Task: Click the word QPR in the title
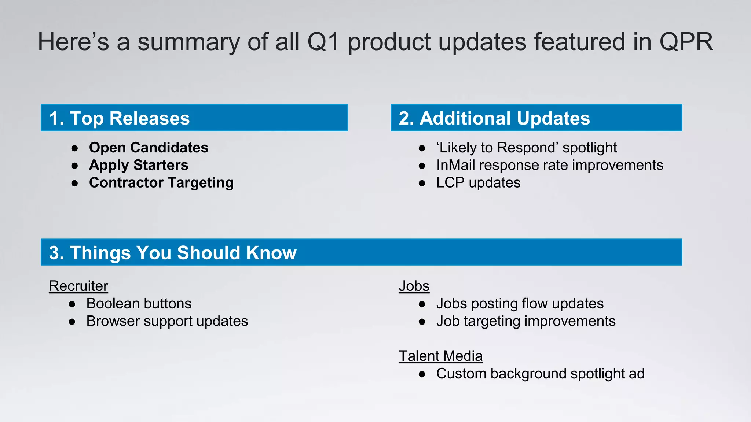pyautogui.click(x=686, y=42)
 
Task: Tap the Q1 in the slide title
pyautogui.click(x=323, y=42)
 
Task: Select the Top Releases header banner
pyautogui.click(x=194, y=118)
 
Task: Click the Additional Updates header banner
pyautogui.click(x=536, y=118)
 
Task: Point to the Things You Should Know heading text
pyautogui.click(x=173, y=252)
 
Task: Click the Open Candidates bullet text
pyautogui.click(x=149, y=147)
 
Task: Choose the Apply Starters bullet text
pyautogui.click(x=139, y=165)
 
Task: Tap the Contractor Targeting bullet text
pyautogui.click(x=161, y=182)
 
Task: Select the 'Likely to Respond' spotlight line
pyautogui.click(x=526, y=147)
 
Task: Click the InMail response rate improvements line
pyautogui.click(x=549, y=165)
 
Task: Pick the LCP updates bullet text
pyautogui.click(x=478, y=182)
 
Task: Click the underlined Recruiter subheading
pyautogui.click(x=78, y=286)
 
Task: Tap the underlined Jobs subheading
pyautogui.click(x=414, y=286)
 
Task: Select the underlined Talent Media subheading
pyautogui.click(x=440, y=356)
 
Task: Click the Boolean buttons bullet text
pyautogui.click(x=139, y=303)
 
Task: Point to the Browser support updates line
pyautogui.click(x=167, y=321)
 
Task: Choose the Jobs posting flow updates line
pyautogui.click(x=520, y=303)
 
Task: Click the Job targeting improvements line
pyautogui.click(x=525, y=321)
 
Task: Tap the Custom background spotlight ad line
pyautogui.click(x=540, y=373)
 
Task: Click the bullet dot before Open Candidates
pyautogui.click(x=75, y=148)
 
